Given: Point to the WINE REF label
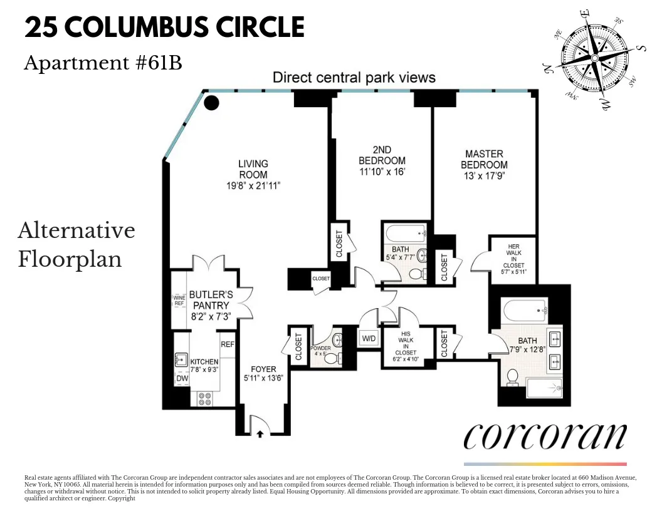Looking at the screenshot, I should (179, 300).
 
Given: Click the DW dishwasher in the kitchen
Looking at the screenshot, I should (182, 378).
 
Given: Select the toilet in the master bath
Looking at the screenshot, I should (512, 377).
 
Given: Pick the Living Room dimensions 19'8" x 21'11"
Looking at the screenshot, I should (253, 185).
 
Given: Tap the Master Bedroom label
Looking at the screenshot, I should (483, 159).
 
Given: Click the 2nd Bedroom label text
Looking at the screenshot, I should (382, 155).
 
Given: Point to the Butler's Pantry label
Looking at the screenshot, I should (211, 300).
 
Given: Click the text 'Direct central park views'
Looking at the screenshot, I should (354, 78).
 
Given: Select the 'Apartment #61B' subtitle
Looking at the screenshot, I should (103, 63).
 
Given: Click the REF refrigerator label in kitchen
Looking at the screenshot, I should (227, 344).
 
